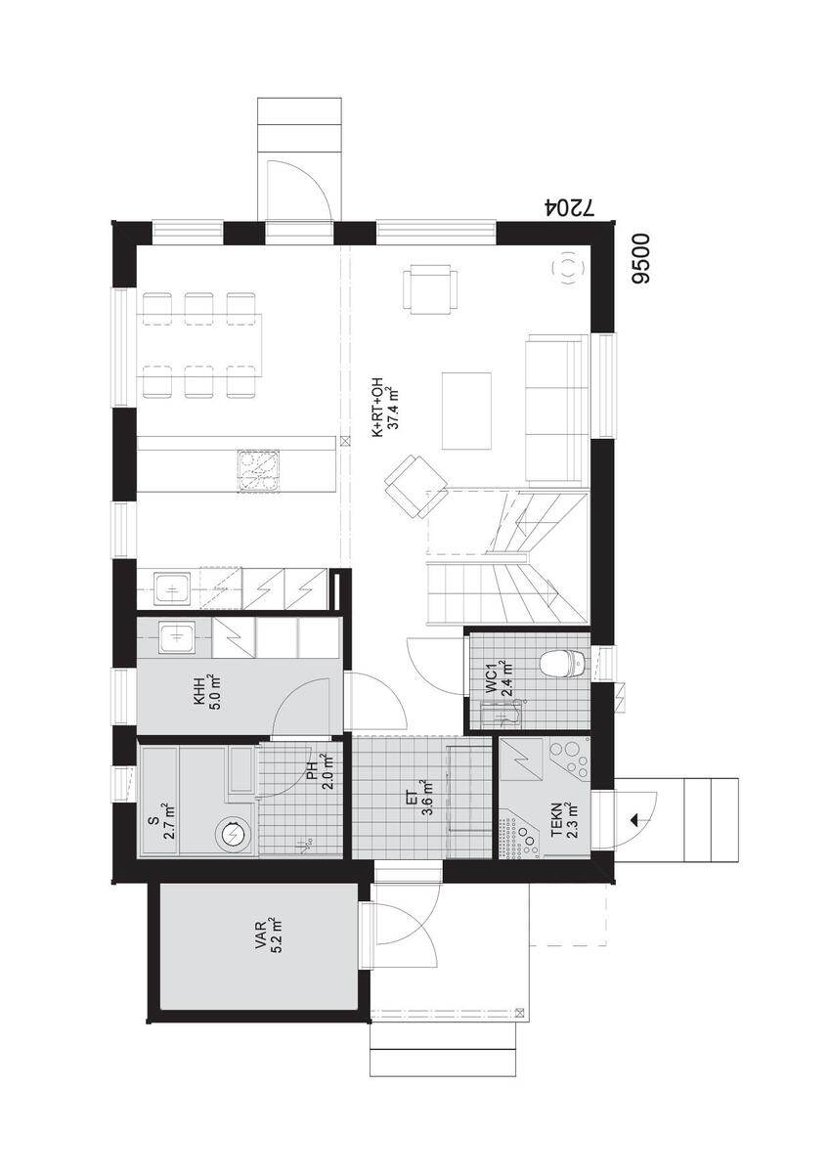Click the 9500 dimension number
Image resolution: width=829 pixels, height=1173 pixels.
pyautogui.click(x=640, y=259)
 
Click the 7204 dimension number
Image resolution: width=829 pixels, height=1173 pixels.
pyautogui.click(x=570, y=208)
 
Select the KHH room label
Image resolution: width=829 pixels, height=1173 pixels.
pyautogui.click(x=199, y=699)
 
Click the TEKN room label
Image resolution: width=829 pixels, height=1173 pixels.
pyautogui.click(x=555, y=819)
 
